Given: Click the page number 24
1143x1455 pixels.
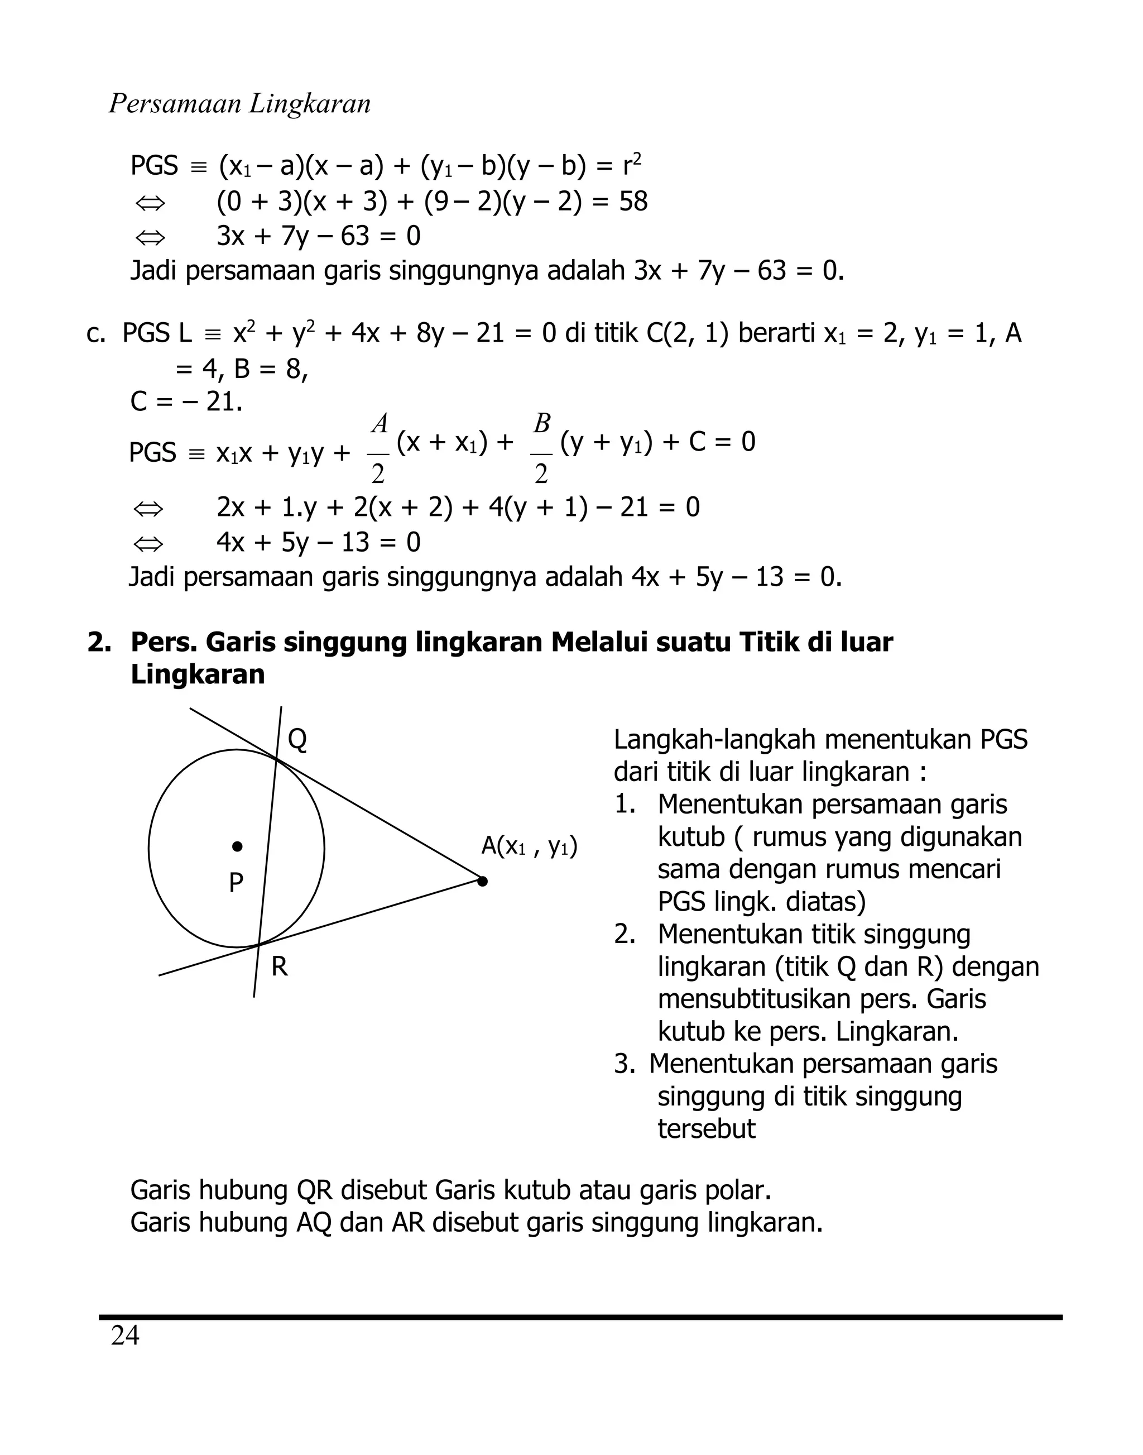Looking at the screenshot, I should pyautogui.click(x=125, y=1336).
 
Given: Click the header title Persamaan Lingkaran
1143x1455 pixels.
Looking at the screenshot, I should pyautogui.click(x=239, y=104).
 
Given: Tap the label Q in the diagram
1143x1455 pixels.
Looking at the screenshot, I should pyautogui.click(x=297, y=740).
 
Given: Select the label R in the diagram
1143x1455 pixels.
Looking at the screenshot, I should pyautogui.click(x=280, y=967).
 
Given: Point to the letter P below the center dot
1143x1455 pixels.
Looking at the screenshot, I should pyautogui.click(x=236, y=883).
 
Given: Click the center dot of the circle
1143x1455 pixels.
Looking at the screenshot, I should pyautogui.click(x=237, y=846).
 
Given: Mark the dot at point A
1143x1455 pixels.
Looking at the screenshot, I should pyautogui.click(x=483, y=881).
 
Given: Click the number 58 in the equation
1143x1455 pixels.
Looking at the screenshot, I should pyautogui.click(x=633, y=202).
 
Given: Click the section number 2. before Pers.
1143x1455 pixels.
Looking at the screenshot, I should pyautogui.click(x=99, y=642).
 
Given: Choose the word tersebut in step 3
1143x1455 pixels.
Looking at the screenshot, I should pyautogui.click(x=706, y=1129).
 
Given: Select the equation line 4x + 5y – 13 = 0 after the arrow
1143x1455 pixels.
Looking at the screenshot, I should pyautogui.click(x=319, y=542).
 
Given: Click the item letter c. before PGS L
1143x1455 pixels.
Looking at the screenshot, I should pyautogui.click(x=95, y=333).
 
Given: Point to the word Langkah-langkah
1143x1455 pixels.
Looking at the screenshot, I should pyautogui.click(x=713, y=740).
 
